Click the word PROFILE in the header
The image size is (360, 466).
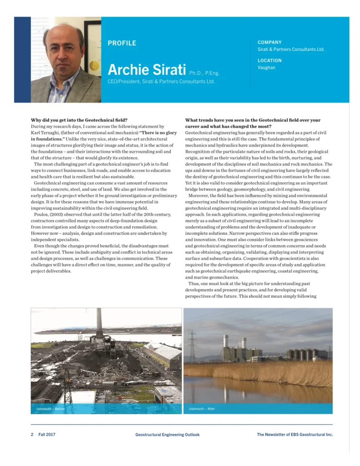(122, 43)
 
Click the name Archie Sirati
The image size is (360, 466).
(147, 70)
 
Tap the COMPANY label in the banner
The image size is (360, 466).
(269, 42)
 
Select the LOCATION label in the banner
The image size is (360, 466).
(269, 61)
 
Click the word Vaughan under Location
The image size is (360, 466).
(266, 68)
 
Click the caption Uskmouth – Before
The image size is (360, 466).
(51, 409)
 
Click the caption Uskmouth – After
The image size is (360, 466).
(202, 409)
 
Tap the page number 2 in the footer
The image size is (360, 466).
(32, 435)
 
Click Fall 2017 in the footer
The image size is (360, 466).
(47, 435)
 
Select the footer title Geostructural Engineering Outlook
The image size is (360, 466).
(167, 435)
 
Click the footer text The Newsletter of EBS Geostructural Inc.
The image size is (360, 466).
(294, 435)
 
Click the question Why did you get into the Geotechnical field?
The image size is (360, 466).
(79, 120)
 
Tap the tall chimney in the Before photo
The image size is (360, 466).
(99, 323)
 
